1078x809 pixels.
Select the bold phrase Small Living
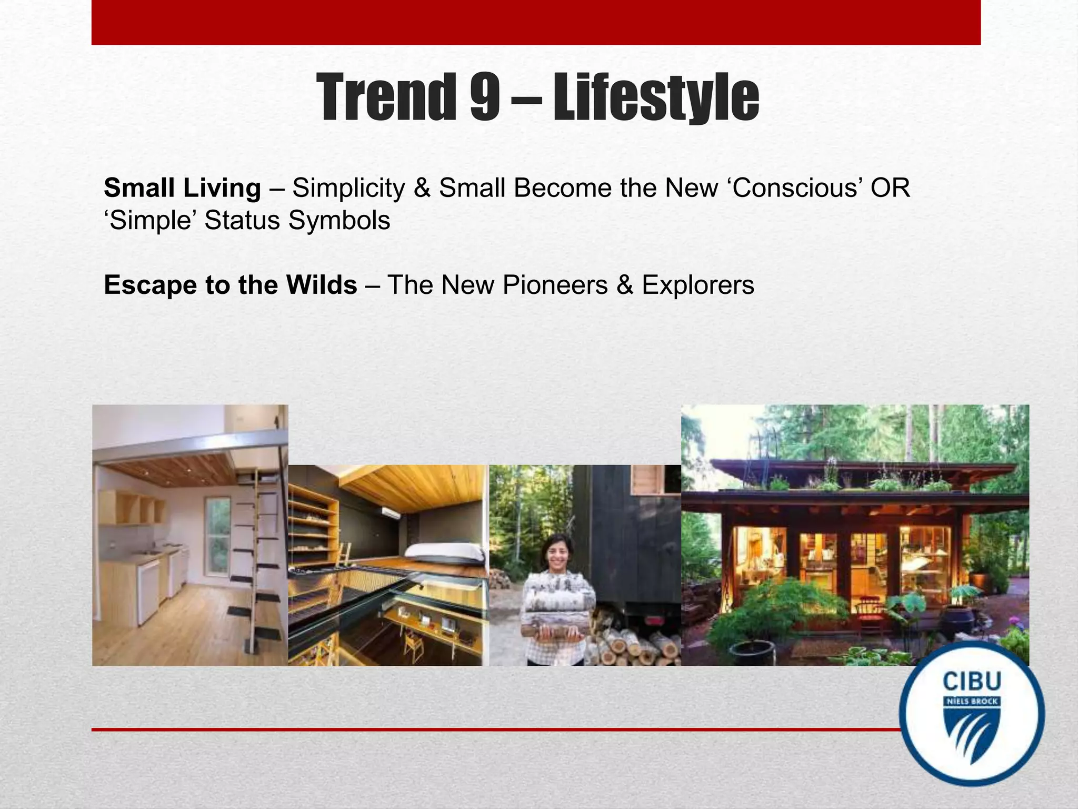click(x=182, y=188)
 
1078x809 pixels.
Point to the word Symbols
click(x=339, y=220)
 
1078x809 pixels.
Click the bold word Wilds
click(x=322, y=285)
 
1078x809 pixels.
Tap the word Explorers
click(x=697, y=285)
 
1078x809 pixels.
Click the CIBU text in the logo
click(x=972, y=682)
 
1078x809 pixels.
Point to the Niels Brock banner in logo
click(x=972, y=702)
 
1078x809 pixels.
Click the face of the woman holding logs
click(x=558, y=550)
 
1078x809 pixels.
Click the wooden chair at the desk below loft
click(x=414, y=646)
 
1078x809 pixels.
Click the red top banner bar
click(x=536, y=22)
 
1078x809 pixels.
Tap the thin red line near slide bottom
click(x=495, y=729)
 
